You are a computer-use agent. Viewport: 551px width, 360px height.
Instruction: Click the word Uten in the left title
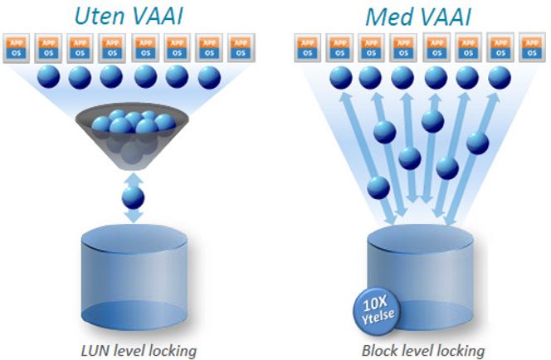(x=99, y=16)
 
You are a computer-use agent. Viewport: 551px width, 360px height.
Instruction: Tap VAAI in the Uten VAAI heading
(x=157, y=16)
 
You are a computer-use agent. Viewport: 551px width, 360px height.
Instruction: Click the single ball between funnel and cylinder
(x=133, y=197)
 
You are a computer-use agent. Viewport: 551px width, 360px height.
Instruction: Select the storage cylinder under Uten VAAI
(x=134, y=277)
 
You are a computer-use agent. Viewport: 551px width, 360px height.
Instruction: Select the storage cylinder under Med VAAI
(x=420, y=277)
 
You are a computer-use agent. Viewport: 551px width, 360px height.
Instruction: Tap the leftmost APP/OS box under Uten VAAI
(x=16, y=48)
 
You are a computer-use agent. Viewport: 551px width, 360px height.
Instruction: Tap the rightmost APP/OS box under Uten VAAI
(x=241, y=48)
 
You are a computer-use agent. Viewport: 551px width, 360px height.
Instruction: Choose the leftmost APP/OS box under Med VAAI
(x=308, y=48)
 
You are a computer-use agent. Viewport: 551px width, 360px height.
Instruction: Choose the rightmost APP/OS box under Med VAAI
(x=532, y=48)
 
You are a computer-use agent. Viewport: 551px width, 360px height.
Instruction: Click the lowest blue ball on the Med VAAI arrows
(x=378, y=187)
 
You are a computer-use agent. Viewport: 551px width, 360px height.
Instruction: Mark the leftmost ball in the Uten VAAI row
(x=48, y=76)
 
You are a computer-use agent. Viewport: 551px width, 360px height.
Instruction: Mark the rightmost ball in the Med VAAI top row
(x=500, y=77)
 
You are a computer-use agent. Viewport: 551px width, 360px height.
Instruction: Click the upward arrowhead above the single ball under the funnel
(x=133, y=178)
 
